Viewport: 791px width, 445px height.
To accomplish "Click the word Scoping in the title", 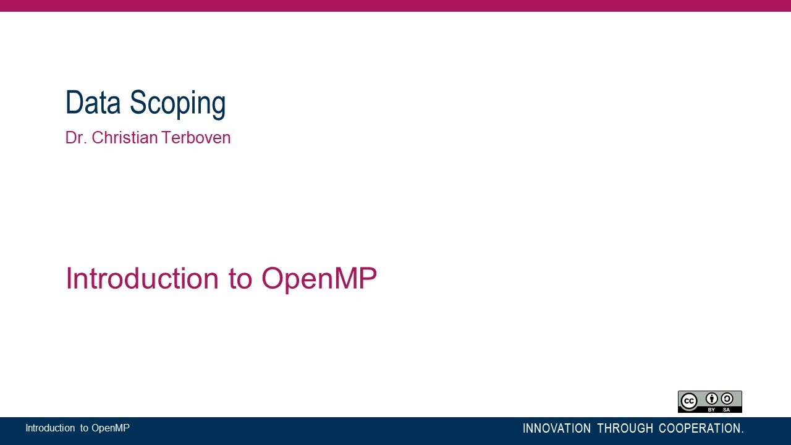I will click(177, 103).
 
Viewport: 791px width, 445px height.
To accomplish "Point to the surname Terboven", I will click(197, 138).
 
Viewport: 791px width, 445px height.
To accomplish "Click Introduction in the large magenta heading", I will click(142, 279).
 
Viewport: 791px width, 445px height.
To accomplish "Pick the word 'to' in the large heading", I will click(240, 279).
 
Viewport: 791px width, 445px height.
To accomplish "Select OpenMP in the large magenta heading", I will click(319, 279).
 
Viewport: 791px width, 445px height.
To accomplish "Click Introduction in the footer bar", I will click(50, 428).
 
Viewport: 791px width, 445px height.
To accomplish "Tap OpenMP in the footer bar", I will click(111, 428).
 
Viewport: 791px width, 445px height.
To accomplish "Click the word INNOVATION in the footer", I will click(557, 428).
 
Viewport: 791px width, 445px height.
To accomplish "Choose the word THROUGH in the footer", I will click(625, 428).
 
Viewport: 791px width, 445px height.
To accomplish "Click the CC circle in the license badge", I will click(689, 402).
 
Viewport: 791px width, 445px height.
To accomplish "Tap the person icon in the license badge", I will click(712, 399).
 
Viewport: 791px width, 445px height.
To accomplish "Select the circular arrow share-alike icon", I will click(727, 399).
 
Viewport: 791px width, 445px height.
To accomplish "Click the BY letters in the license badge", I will click(712, 410).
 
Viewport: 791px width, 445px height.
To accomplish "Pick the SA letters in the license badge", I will click(727, 410).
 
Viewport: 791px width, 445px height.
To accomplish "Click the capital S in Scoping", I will click(137, 103).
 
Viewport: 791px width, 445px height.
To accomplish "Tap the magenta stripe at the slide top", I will click(395, 6).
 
